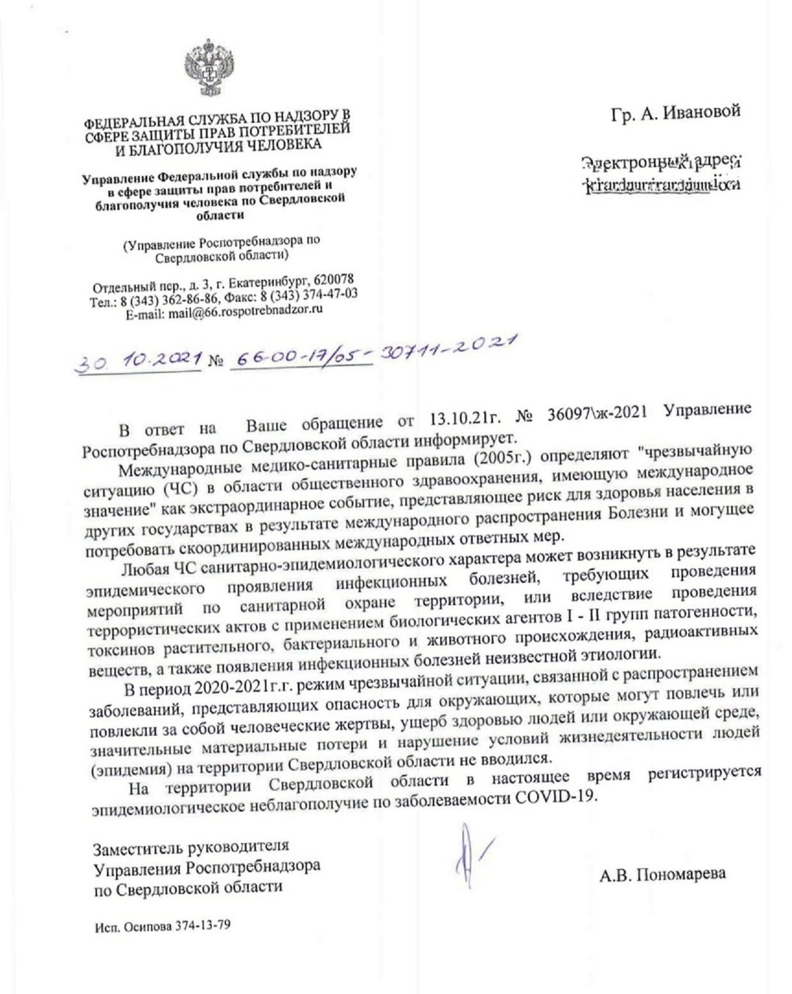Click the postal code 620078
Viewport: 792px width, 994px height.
[x=333, y=279]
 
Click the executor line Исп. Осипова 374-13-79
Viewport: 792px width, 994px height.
[x=163, y=925]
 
